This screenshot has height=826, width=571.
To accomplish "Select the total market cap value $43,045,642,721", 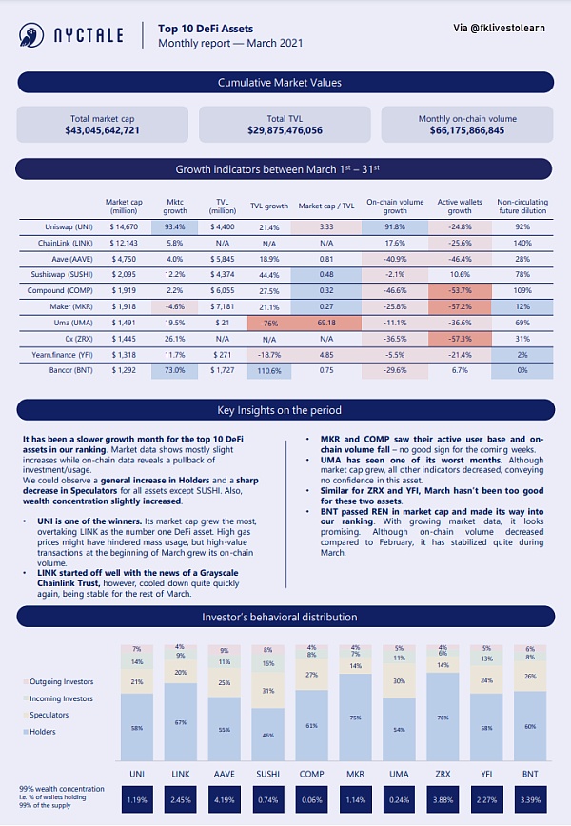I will click(103, 129).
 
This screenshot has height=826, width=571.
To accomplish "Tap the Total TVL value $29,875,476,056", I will click(285, 129).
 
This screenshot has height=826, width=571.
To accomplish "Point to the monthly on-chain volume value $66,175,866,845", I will click(466, 129).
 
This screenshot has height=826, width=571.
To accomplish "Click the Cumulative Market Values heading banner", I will click(285, 83).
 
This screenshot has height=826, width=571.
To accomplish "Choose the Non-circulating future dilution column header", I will click(522, 206).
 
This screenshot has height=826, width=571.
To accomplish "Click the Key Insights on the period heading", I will click(285, 411).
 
